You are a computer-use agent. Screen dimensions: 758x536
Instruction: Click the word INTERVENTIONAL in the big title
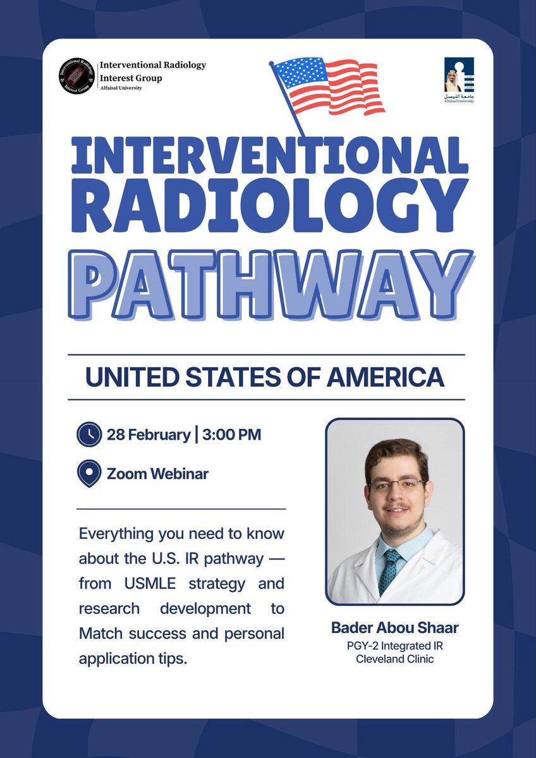pyautogui.click(x=269, y=156)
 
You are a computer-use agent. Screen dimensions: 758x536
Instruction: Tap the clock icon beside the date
pyautogui.click(x=88, y=435)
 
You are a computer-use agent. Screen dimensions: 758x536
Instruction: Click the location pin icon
pyautogui.click(x=88, y=473)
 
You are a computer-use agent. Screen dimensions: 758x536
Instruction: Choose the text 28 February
pyautogui.click(x=149, y=435)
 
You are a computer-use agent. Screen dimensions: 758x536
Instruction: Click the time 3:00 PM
pyautogui.click(x=232, y=435)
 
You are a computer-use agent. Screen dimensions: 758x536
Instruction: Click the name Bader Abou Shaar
pyautogui.click(x=394, y=629)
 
